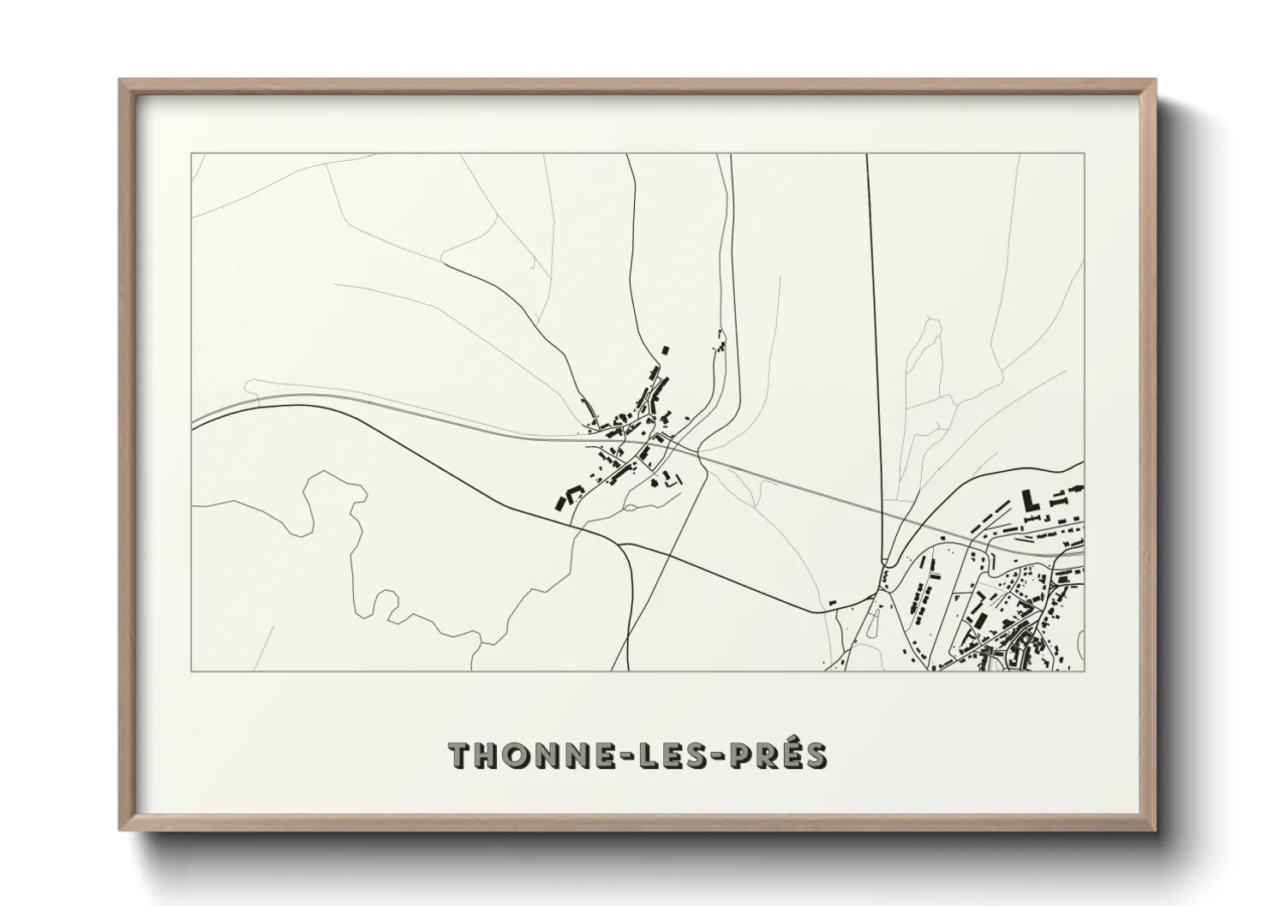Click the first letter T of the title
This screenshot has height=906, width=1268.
[463, 754]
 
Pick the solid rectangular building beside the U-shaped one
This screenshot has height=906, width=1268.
[562, 503]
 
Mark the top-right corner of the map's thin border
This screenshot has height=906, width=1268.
[1084, 154]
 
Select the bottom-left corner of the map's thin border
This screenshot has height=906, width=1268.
[192, 671]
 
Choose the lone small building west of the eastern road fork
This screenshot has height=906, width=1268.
[830, 604]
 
